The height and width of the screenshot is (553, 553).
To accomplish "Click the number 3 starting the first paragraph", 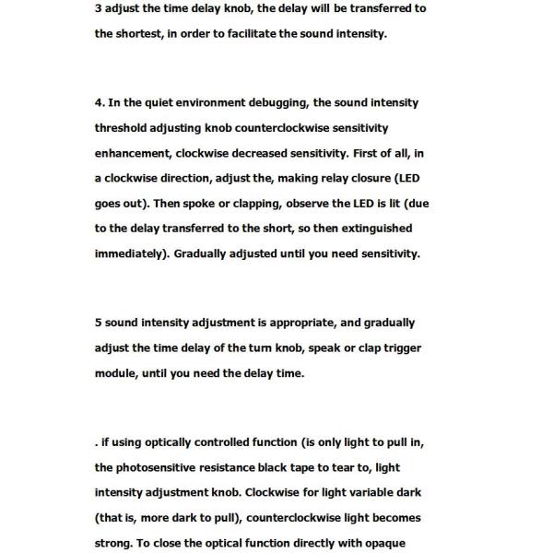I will pyautogui.click(x=98, y=9).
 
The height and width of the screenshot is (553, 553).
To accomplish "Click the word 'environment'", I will pyautogui.click(x=222, y=103).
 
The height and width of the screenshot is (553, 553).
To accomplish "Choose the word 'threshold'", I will pyautogui.click(x=123, y=128).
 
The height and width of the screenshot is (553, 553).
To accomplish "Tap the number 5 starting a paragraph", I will pyautogui.click(x=98, y=324).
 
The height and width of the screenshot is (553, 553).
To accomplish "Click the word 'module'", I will pyautogui.click(x=115, y=373).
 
